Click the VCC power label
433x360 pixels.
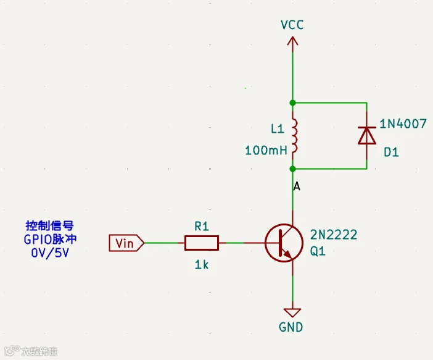click(292, 25)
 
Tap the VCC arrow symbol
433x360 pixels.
click(292, 41)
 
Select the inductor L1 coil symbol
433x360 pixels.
click(294, 136)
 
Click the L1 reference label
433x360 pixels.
click(277, 129)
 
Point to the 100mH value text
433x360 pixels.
click(266, 151)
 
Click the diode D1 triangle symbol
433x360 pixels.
click(367, 135)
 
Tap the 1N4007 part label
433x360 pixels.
click(403, 123)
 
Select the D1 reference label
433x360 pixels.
click(391, 152)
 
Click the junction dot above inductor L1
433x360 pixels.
click(293, 103)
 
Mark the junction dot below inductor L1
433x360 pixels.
click(293, 169)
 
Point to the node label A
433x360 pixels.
click(297, 186)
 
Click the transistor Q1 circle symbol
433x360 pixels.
click(284, 243)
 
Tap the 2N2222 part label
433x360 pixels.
click(334, 235)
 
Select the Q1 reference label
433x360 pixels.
click(318, 251)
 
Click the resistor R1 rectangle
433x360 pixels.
click(202, 243)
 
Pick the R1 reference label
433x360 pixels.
click(202, 227)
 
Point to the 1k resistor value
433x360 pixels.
click(202, 265)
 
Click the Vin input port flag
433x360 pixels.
click(126, 243)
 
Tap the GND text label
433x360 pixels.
click(291, 327)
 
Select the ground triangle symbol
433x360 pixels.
click(292, 312)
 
